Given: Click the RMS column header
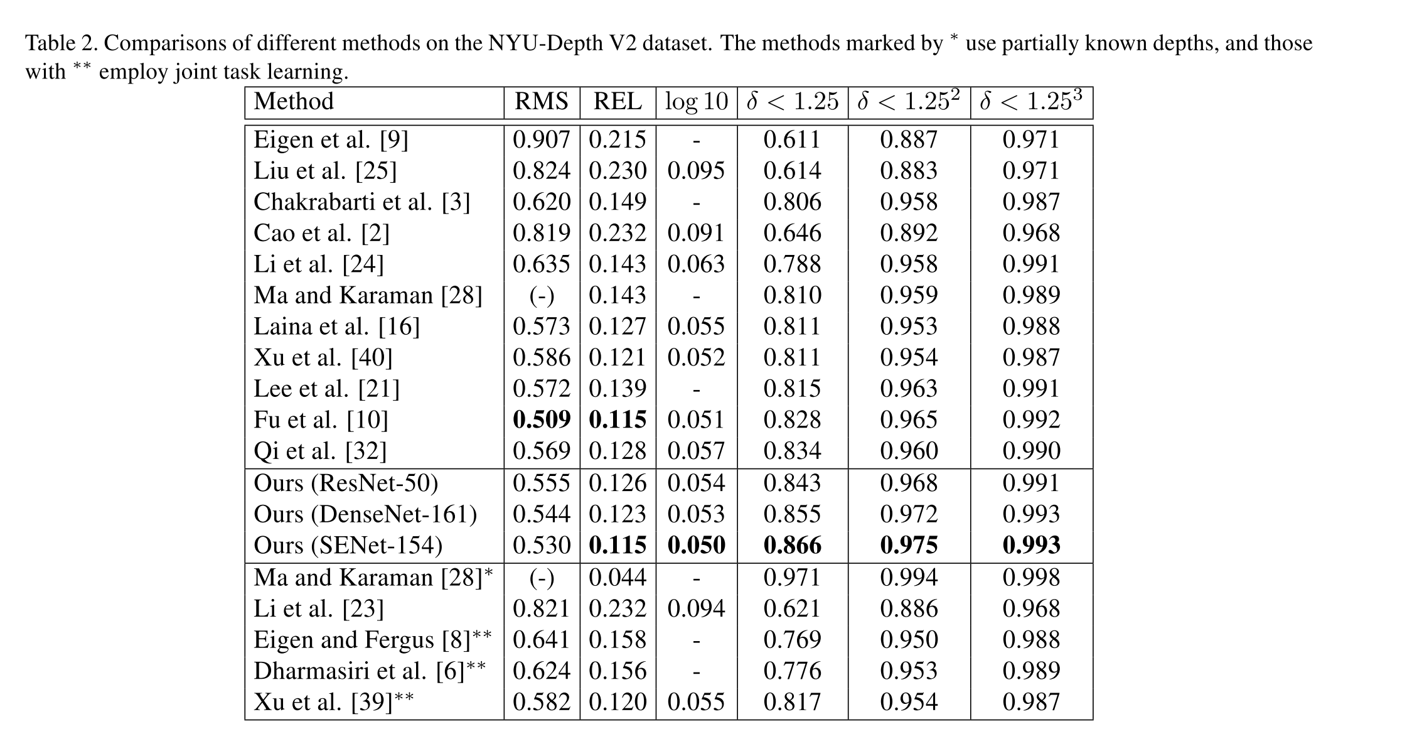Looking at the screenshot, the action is tap(542, 102).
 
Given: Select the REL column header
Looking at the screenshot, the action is tap(618, 102).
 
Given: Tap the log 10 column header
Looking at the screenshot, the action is tap(696, 102).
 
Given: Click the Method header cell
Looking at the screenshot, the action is tap(294, 102).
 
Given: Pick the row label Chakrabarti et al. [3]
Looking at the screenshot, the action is tap(361, 202).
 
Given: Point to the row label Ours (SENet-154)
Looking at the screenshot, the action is tap(348, 545).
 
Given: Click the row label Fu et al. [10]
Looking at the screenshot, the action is tap(321, 419).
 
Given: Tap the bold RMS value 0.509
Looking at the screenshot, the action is tap(542, 419).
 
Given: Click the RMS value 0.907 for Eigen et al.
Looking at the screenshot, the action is tap(542, 139).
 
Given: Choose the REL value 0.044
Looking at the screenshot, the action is tap(618, 577).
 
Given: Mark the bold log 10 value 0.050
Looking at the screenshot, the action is tap(696, 545).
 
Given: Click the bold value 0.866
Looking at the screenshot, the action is tap(792, 545).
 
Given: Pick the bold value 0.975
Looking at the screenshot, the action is tap(909, 545).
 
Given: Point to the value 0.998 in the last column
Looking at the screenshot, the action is tap(1031, 577).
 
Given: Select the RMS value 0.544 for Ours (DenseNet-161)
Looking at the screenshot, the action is tap(542, 514).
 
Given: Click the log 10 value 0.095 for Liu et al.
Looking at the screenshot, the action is tap(696, 171).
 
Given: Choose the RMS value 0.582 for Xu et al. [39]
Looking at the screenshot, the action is tap(542, 702).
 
